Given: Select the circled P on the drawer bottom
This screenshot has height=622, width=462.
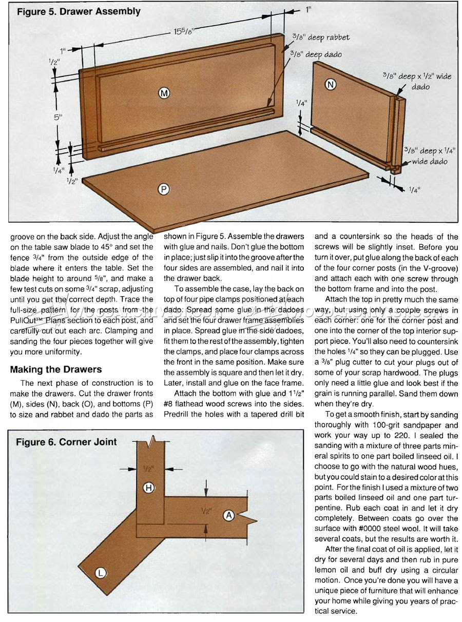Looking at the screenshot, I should click(x=163, y=189).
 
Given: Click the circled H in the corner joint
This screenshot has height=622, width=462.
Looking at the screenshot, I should click(x=148, y=488).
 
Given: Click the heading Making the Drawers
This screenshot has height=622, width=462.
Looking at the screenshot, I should click(x=56, y=370).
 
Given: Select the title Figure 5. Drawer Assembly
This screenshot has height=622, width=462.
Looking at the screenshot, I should click(x=79, y=12).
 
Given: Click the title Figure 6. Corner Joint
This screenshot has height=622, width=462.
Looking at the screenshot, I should click(x=66, y=442).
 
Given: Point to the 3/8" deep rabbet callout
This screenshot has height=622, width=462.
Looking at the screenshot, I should click(x=321, y=37).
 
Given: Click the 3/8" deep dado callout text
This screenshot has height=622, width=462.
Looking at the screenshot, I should click(x=315, y=53).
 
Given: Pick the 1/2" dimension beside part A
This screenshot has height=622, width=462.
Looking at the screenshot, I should click(x=207, y=511).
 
